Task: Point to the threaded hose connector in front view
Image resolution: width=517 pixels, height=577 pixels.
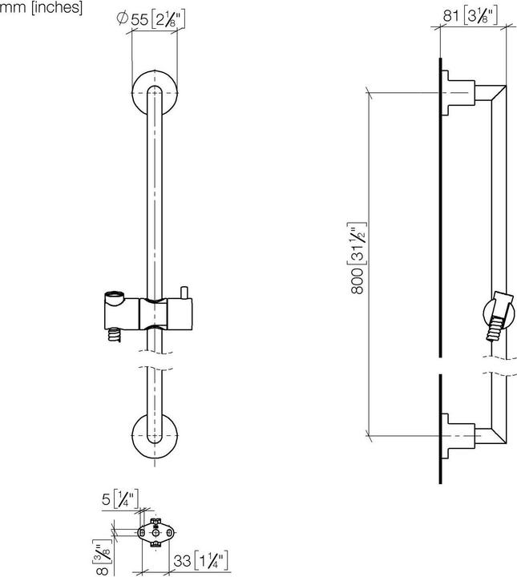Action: pos(113,333)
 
